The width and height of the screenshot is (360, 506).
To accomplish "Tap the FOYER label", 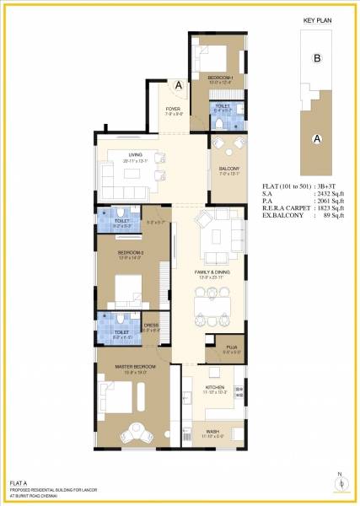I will click(173, 110).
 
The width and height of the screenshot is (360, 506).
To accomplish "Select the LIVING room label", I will click(133, 154).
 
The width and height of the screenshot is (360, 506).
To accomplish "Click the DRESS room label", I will click(152, 325).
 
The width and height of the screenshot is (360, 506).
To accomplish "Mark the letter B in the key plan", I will click(318, 58).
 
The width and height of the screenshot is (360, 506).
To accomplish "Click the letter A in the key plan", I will click(316, 138).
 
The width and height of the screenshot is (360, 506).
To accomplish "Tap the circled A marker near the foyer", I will click(179, 85).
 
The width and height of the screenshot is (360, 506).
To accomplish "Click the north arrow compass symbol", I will click(341, 482).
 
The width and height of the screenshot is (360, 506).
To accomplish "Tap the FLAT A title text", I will click(19, 482).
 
